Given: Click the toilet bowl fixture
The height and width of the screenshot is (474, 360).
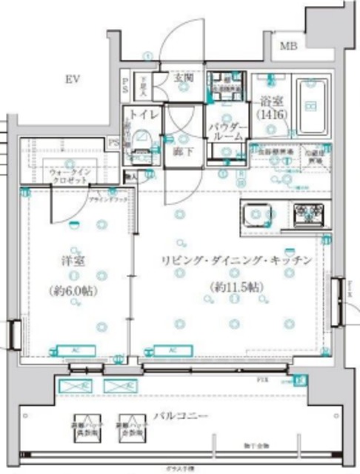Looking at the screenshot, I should tap(143, 142).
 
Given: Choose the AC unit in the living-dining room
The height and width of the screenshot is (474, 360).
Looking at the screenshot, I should tap(171, 350).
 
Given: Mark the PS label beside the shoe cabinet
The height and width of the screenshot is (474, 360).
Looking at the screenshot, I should tap(126, 84).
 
